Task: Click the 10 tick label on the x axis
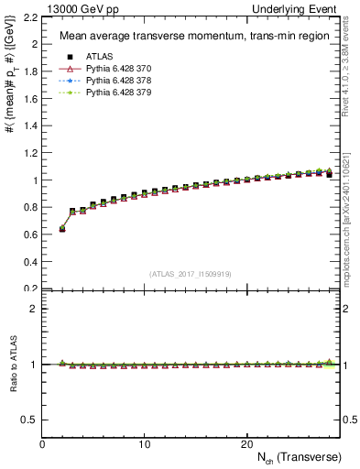[145, 443]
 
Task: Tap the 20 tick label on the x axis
[246, 443]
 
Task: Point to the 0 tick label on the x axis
[43, 443]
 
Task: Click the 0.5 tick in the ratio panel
[30, 420]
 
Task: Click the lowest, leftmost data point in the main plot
[62, 229]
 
